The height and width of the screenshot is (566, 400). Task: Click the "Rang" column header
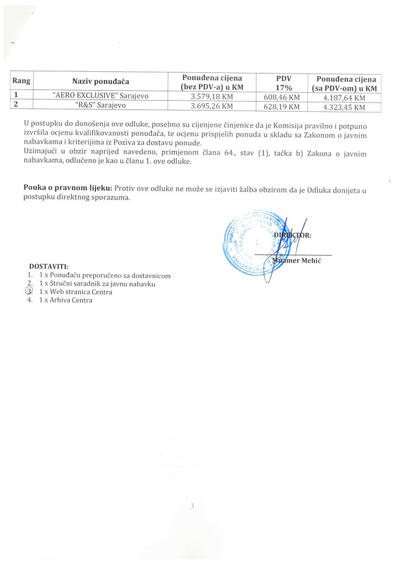[21, 81]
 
